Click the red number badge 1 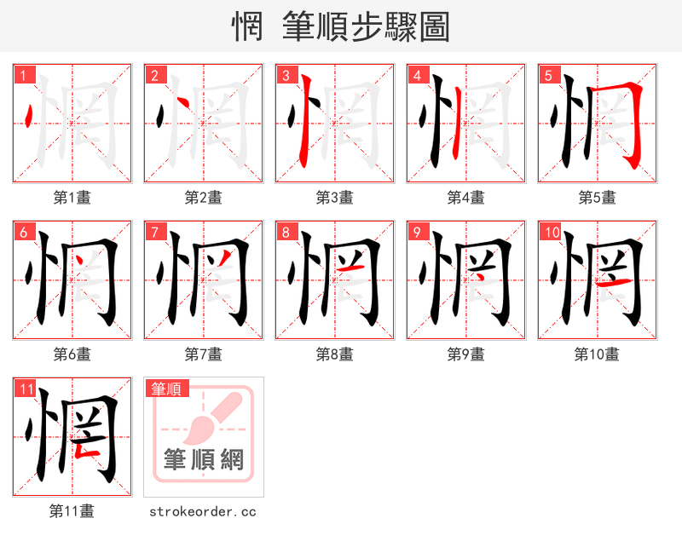click(24, 76)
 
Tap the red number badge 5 click(549, 76)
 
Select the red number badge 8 click(286, 233)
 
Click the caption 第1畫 click(72, 198)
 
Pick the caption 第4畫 click(465, 198)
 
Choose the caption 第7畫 click(203, 354)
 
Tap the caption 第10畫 click(597, 354)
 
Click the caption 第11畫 click(72, 511)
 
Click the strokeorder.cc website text click(203, 511)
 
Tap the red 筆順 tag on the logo click(166, 389)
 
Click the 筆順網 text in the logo click(204, 460)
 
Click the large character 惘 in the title click(247, 27)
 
